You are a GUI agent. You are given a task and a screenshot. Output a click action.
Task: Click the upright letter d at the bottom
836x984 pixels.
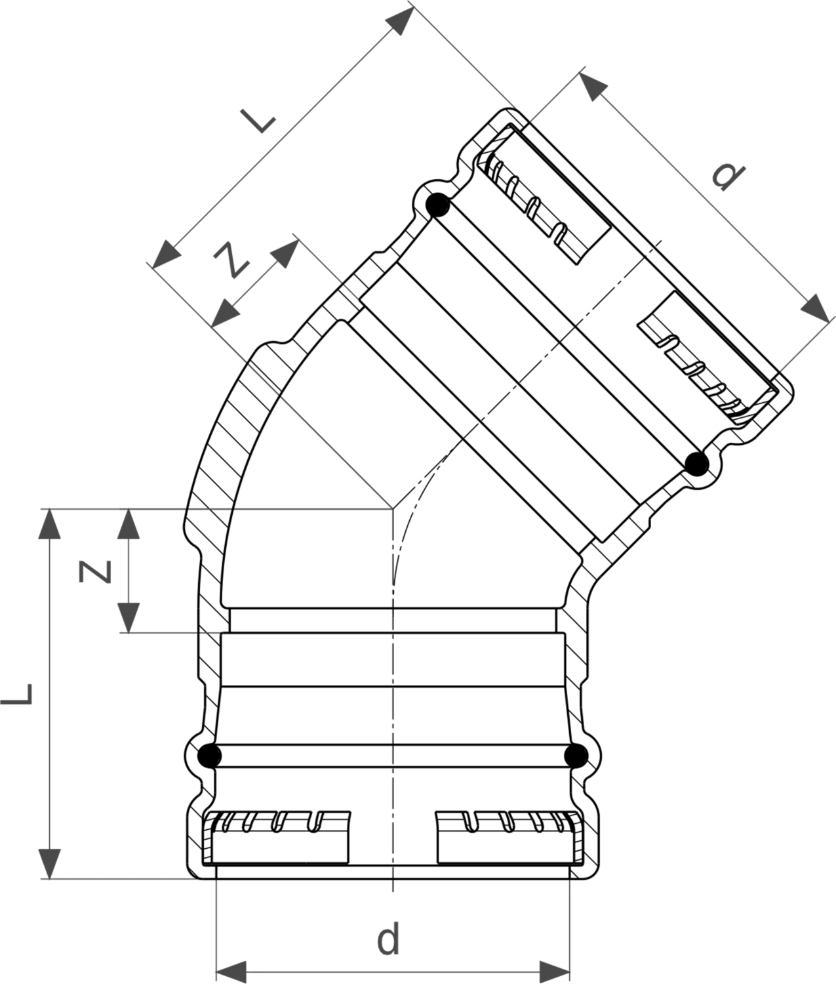(388, 938)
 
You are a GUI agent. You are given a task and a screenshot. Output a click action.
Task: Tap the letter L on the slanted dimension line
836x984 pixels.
(258, 121)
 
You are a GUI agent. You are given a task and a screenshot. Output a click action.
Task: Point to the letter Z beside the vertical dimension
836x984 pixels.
(95, 571)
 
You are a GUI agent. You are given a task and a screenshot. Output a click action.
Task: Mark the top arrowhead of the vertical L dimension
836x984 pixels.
(49, 524)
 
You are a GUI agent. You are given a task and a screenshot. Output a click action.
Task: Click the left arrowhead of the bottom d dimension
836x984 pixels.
(231, 972)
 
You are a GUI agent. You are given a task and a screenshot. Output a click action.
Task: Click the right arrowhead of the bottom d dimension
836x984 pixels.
(554, 972)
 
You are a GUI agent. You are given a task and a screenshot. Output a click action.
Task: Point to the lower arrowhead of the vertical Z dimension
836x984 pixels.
(129, 617)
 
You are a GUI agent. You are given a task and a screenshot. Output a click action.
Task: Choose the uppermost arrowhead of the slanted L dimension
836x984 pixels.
(399, 20)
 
